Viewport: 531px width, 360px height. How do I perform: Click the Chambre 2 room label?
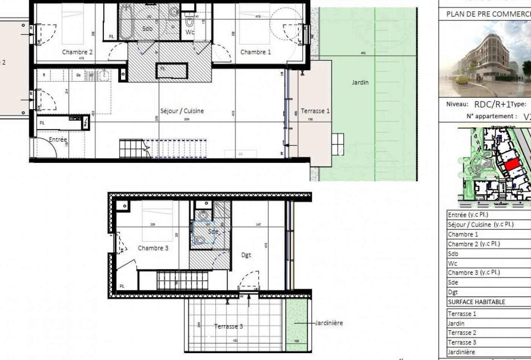(x=77, y=52)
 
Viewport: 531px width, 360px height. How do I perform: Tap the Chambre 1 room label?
(x=256, y=52)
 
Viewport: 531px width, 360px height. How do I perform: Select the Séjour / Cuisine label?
(x=182, y=111)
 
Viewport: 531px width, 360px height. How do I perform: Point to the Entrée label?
(x=58, y=139)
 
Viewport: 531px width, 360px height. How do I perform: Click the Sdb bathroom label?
(x=147, y=29)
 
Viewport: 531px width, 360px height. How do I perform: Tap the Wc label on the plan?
(x=190, y=32)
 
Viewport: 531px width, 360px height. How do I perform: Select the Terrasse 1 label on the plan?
(x=315, y=111)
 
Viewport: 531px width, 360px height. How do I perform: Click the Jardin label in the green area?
(x=360, y=82)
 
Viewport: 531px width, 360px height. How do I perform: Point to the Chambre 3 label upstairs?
(x=153, y=248)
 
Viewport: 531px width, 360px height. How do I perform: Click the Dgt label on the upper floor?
(x=246, y=255)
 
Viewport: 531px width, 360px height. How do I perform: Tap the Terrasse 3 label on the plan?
(x=228, y=326)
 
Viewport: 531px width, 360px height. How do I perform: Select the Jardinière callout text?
(x=329, y=323)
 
